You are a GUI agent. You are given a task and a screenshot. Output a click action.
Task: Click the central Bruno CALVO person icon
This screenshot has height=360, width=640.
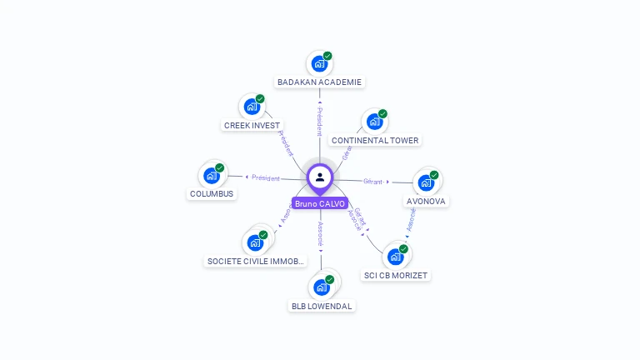(320, 177)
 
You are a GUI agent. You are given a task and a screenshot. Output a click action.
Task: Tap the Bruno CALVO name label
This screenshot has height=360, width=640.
(320, 203)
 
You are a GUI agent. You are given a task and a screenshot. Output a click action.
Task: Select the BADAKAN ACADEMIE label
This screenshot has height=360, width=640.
(320, 82)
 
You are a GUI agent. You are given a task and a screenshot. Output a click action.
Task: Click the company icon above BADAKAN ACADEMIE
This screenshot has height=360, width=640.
(318, 63)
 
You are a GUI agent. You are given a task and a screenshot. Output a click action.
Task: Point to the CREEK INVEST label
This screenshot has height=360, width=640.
(252, 126)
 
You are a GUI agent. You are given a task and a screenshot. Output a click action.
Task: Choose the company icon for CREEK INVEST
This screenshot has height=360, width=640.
(251, 107)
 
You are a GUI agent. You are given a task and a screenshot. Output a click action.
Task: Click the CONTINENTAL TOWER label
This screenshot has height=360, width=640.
(375, 141)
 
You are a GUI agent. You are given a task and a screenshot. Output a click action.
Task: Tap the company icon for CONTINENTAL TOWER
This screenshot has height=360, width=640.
(374, 122)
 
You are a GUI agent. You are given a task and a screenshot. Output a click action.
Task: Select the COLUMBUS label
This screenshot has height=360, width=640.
(212, 194)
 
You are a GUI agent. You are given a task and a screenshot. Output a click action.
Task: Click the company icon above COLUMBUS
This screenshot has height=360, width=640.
(212, 176)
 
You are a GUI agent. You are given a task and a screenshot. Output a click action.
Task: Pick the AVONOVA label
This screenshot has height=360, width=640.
(427, 202)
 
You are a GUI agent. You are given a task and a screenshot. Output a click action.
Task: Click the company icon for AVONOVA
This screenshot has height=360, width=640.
(426, 182)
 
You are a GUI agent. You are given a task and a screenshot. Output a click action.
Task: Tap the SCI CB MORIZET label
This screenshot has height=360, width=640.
(397, 275)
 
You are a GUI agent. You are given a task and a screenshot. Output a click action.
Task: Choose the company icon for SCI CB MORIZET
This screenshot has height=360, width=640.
(396, 256)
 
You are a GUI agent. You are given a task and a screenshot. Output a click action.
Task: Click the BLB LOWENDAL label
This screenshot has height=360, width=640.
(322, 306)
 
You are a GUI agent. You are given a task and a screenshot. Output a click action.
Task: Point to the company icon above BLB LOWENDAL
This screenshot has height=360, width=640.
(322, 287)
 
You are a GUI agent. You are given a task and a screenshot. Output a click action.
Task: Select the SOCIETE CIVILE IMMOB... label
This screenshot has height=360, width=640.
(256, 262)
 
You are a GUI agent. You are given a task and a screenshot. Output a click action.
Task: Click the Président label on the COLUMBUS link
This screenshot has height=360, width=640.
(266, 177)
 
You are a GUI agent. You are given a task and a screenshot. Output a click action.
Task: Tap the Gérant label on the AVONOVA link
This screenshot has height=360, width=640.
(372, 181)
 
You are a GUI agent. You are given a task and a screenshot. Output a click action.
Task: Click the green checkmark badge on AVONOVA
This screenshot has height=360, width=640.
(434, 175)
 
